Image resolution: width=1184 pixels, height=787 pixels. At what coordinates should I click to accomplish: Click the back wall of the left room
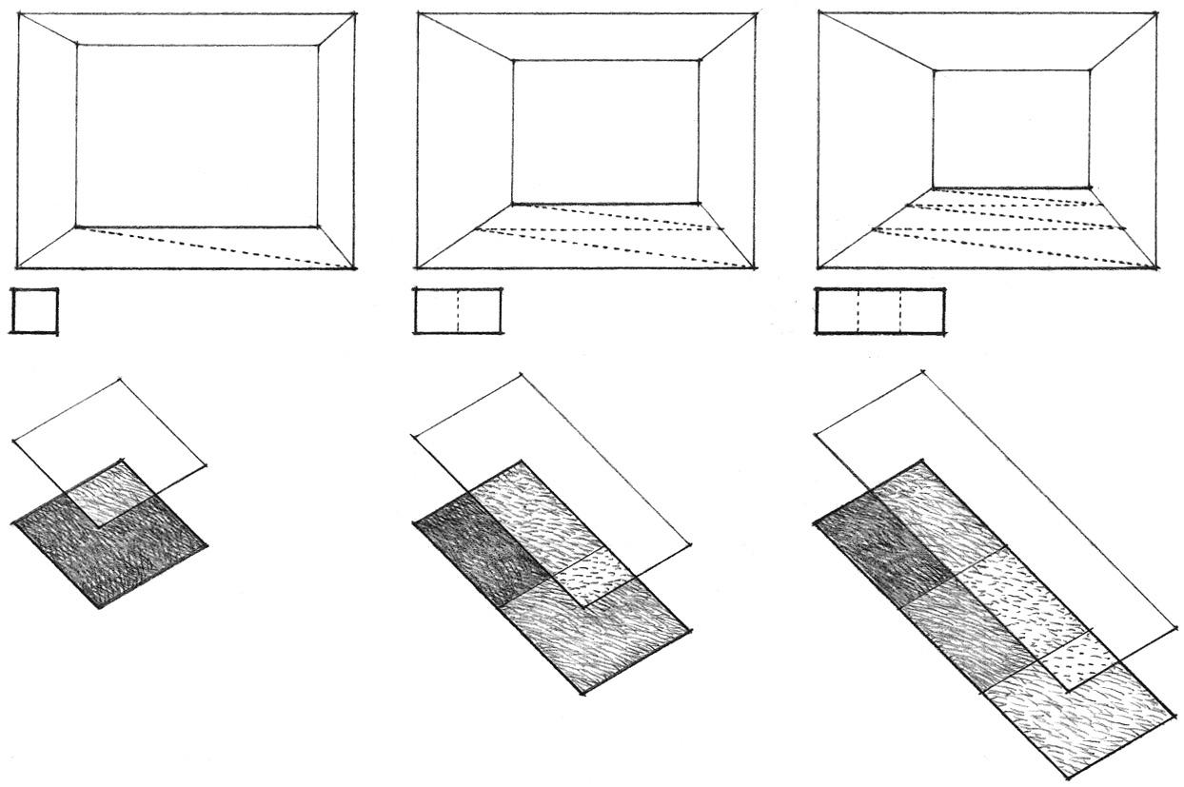click(197, 135)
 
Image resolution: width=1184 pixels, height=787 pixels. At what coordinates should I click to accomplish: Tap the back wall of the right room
click(1011, 128)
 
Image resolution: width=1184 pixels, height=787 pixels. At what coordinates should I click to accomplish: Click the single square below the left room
click(34, 311)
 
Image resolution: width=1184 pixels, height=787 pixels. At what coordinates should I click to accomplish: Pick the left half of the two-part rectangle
click(436, 311)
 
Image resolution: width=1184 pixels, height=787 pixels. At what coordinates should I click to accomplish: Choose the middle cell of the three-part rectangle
click(879, 311)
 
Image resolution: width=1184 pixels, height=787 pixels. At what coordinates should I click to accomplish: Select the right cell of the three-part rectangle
click(922, 311)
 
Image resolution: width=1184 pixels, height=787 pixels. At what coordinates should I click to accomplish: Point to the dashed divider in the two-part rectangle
click(458, 311)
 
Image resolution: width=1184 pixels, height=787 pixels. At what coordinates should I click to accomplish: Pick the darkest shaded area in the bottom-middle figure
click(481, 549)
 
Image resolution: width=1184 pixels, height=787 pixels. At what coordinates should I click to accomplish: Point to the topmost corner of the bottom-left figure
click(121, 379)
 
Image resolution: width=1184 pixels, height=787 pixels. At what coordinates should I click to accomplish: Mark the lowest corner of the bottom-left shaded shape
click(100, 607)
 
